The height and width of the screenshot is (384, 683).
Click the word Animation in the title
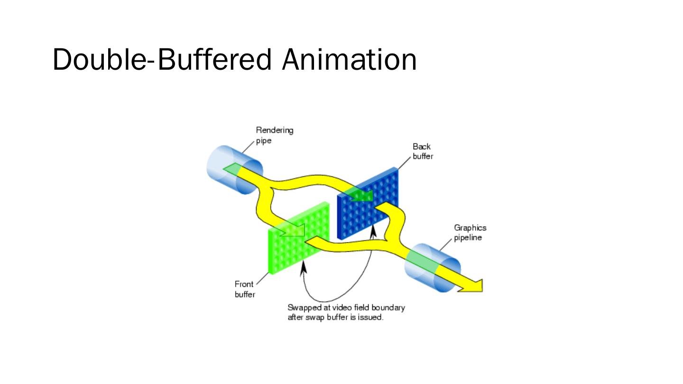pyautogui.click(x=349, y=60)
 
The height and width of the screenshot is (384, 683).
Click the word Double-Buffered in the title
pyautogui.click(x=161, y=60)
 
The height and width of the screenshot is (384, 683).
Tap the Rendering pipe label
pyautogui.click(x=274, y=135)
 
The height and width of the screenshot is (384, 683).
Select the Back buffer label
pyautogui.click(x=422, y=151)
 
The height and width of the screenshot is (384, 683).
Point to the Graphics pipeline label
pyautogui.click(x=470, y=233)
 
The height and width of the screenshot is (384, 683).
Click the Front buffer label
pyautogui.click(x=245, y=289)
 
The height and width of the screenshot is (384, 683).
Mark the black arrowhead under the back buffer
pyautogui.click(x=373, y=231)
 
